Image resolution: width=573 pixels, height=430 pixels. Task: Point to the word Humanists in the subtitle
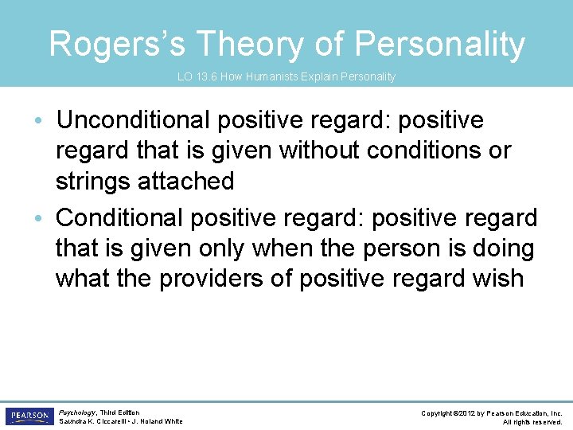pos(266,76)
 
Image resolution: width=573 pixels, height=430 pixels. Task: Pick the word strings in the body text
pos(94,181)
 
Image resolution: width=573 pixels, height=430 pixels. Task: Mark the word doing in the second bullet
pos(501,248)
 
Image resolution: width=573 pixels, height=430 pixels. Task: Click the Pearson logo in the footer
pos(29,416)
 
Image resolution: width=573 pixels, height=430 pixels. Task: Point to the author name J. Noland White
pos(159,422)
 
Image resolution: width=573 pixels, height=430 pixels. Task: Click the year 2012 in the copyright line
pos(468,413)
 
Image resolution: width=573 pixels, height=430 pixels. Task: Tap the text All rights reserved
pos(532,422)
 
